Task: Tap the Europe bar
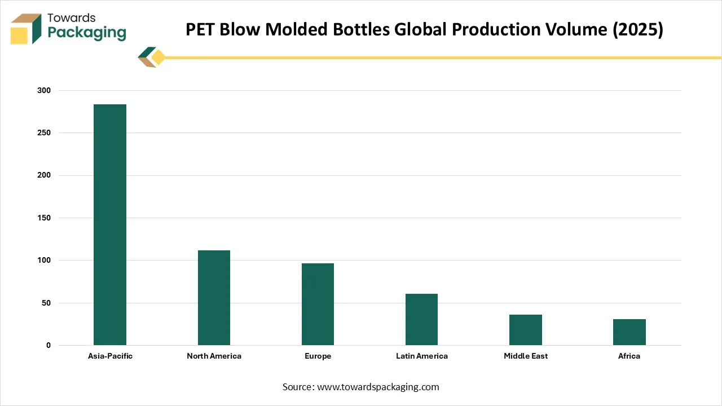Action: click(x=318, y=304)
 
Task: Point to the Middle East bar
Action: click(x=526, y=330)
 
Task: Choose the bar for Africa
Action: click(x=629, y=332)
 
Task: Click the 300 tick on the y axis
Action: click(x=45, y=91)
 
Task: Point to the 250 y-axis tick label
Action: click(x=45, y=133)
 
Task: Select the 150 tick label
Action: click(x=45, y=218)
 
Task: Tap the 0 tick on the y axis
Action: click(x=49, y=346)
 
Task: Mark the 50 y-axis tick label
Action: click(x=46, y=303)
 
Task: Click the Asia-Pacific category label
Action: click(x=110, y=356)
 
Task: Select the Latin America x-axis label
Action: click(x=421, y=356)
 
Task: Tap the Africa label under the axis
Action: click(x=629, y=356)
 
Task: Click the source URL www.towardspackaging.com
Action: click(x=378, y=387)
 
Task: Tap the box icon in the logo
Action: click(x=26, y=29)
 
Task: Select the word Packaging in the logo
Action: click(x=87, y=33)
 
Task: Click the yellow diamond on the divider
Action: click(x=159, y=58)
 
